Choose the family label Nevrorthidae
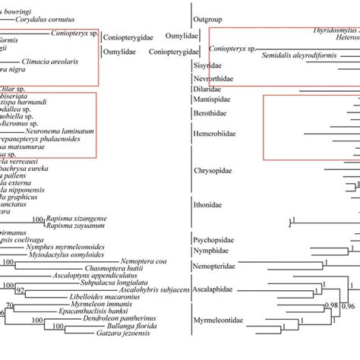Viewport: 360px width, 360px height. coord(213,77)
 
